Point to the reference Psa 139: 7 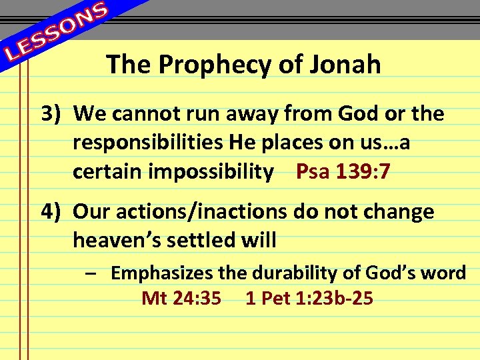[x=343, y=173]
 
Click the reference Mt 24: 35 [x=181, y=298]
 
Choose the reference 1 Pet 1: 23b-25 [x=309, y=298]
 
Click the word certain [x=105, y=173]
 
